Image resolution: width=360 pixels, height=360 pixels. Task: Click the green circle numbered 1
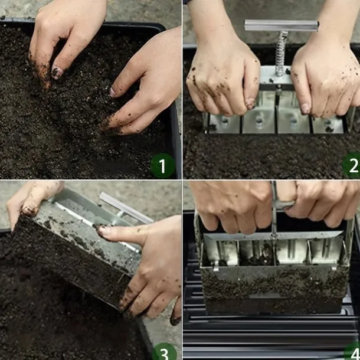click(x=162, y=165)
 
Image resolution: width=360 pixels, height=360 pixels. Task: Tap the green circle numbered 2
click(x=352, y=165)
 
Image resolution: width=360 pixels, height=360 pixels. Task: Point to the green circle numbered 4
click(x=352, y=352)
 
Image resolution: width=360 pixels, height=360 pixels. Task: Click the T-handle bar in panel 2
click(x=282, y=26)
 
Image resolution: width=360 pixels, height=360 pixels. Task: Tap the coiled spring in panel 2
click(x=281, y=54)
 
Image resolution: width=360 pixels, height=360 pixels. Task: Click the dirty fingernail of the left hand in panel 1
click(x=57, y=73)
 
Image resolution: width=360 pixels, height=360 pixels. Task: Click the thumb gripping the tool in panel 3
click(x=32, y=202)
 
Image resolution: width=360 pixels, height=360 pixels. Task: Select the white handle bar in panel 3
click(x=126, y=208)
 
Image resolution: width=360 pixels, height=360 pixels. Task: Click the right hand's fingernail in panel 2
click(x=305, y=109)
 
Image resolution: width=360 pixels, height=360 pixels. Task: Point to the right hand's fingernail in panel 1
click(x=112, y=92)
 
